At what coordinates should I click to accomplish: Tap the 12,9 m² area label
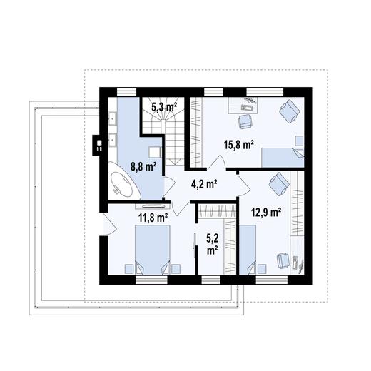coord(266,211)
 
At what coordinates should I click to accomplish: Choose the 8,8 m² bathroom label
coord(143,168)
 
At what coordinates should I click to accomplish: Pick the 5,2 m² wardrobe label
coord(212,246)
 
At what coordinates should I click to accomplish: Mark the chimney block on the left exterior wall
coord(95,142)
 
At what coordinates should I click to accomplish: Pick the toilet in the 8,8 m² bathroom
coord(153,152)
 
